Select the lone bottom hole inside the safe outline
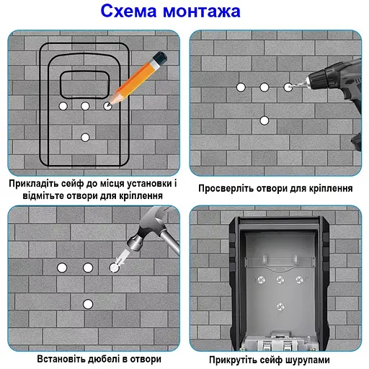click(86, 136)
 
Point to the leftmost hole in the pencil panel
click(63, 106)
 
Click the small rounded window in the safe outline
click(86, 85)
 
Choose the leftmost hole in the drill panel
click(241, 87)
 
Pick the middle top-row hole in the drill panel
click(264, 87)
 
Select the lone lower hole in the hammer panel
click(87, 303)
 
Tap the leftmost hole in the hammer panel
click(61, 267)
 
